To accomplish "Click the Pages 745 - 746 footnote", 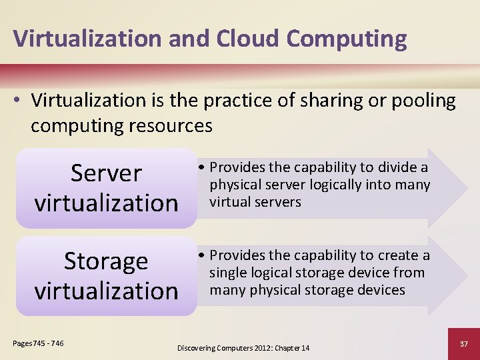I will point(39,343).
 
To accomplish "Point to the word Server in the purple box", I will point(107,173).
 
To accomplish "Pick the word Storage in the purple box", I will point(106,261).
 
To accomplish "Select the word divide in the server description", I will point(397,167).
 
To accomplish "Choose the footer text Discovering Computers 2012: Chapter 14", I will point(243,348).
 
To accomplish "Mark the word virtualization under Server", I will point(107,202).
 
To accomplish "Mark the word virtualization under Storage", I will point(107,290).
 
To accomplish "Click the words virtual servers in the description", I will point(255,202).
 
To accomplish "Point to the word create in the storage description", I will point(397,255).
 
